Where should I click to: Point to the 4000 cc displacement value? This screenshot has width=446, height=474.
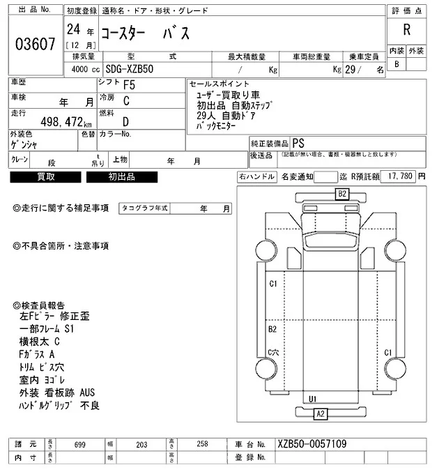(84, 70)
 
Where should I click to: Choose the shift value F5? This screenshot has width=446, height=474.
(129, 85)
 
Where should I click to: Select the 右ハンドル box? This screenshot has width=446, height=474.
(256, 177)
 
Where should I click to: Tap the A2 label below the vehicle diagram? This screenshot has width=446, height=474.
(321, 414)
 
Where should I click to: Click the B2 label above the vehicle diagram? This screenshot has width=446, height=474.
(342, 194)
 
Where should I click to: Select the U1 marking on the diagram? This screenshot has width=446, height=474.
(313, 399)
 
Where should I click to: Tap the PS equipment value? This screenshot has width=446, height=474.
(298, 142)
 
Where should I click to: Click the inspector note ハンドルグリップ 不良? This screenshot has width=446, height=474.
(60, 405)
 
